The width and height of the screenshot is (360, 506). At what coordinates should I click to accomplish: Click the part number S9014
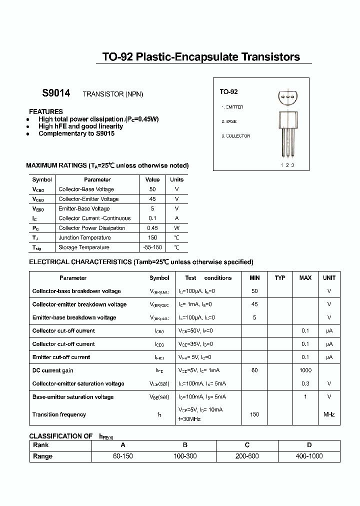[56, 93]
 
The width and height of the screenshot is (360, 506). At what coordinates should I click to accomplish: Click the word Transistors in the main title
[271, 57]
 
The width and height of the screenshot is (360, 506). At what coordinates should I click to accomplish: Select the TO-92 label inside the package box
[228, 92]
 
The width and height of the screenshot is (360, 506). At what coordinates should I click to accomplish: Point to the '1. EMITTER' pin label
[232, 107]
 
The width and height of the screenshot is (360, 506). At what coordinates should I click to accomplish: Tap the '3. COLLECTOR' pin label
[235, 136]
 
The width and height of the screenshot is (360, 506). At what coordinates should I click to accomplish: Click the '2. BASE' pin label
[229, 121]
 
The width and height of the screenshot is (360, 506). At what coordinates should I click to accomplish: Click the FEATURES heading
[46, 111]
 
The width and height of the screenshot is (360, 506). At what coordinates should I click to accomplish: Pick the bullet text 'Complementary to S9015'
[76, 133]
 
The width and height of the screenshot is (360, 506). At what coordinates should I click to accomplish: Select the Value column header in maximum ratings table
[152, 179]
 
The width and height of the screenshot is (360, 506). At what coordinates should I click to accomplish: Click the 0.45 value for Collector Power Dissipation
[152, 228]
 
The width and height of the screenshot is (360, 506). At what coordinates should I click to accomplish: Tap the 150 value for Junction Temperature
[152, 237]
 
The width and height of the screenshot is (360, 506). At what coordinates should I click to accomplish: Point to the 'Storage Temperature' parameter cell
[84, 247]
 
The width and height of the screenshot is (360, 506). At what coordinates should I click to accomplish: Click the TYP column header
[280, 278]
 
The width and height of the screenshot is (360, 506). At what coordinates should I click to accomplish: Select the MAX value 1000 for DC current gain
[305, 370]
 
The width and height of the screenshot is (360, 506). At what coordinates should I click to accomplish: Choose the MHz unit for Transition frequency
[329, 414]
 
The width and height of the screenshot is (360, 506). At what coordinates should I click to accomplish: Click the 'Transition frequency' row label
[59, 414]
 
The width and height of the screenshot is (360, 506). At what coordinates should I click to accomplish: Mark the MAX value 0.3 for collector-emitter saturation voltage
[305, 383]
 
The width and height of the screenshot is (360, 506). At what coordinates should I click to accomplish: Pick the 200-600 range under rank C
[247, 456]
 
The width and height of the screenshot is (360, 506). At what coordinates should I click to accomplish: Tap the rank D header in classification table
[309, 445]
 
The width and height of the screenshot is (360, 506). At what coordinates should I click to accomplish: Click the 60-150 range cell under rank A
[122, 456]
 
